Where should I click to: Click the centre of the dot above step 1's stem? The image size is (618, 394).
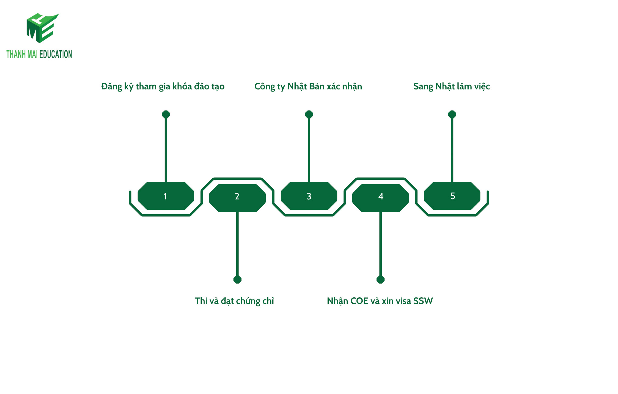point(166,114)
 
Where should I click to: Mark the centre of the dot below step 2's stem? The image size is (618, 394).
point(238,279)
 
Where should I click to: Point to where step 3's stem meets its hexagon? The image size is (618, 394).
point(309,182)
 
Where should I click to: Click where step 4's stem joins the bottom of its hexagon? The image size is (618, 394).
point(380,212)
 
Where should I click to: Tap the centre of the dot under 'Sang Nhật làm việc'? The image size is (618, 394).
point(452,114)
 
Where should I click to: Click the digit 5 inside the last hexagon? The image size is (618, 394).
point(453,196)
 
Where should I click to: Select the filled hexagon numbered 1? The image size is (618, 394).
point(166,196)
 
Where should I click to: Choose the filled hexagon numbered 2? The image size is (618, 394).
point(238,198)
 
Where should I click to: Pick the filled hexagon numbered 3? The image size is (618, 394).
point(309,196)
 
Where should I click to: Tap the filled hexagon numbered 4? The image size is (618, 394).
point(380,198)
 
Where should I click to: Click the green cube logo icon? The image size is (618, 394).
point(42,28)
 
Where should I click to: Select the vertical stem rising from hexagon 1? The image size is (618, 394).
point(166,150)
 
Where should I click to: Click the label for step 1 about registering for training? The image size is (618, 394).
point(163,87)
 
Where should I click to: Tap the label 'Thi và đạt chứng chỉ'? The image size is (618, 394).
point(234,301)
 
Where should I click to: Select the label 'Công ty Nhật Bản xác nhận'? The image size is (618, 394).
point(308,87)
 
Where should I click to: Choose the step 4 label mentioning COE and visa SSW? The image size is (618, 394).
point(380,301)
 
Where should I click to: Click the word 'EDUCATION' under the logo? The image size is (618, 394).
point(56,54)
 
